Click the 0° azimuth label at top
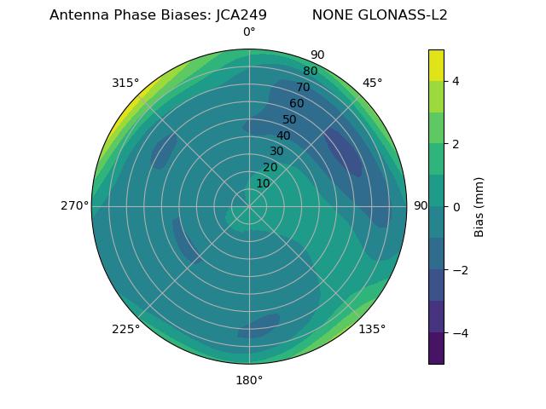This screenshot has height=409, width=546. point(249,32)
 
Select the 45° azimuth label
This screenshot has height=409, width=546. point(372,83)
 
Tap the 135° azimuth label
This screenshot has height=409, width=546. point(372,329)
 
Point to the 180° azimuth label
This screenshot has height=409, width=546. point(249,380)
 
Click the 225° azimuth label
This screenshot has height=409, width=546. point(125,329)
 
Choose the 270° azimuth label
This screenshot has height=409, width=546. point(74,206)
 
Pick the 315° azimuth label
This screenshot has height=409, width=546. point(125,83)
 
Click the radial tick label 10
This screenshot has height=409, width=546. point(263,183)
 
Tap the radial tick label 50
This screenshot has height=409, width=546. point(290,120)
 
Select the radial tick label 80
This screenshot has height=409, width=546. point(311,72)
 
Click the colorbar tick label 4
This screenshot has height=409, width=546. point(455,81)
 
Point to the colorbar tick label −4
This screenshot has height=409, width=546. point(458,332)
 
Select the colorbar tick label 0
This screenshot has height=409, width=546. point(455,207)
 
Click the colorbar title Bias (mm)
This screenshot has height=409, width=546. point(479,206)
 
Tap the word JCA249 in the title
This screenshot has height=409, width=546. point(236,15)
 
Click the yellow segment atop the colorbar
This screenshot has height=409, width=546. point(436,65)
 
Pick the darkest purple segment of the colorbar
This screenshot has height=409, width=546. point(436,349)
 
